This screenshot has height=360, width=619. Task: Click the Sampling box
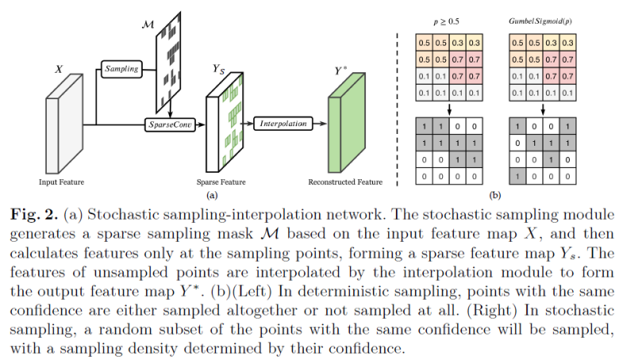[x=121, y=69]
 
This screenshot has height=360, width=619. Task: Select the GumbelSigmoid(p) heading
[x=544, y=20]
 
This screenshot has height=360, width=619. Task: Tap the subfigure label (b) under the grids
[x=495, y=193]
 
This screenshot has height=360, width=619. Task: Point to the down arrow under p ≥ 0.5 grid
[x=450, y=109]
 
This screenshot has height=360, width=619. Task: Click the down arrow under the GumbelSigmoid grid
[x=544, y=109]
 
